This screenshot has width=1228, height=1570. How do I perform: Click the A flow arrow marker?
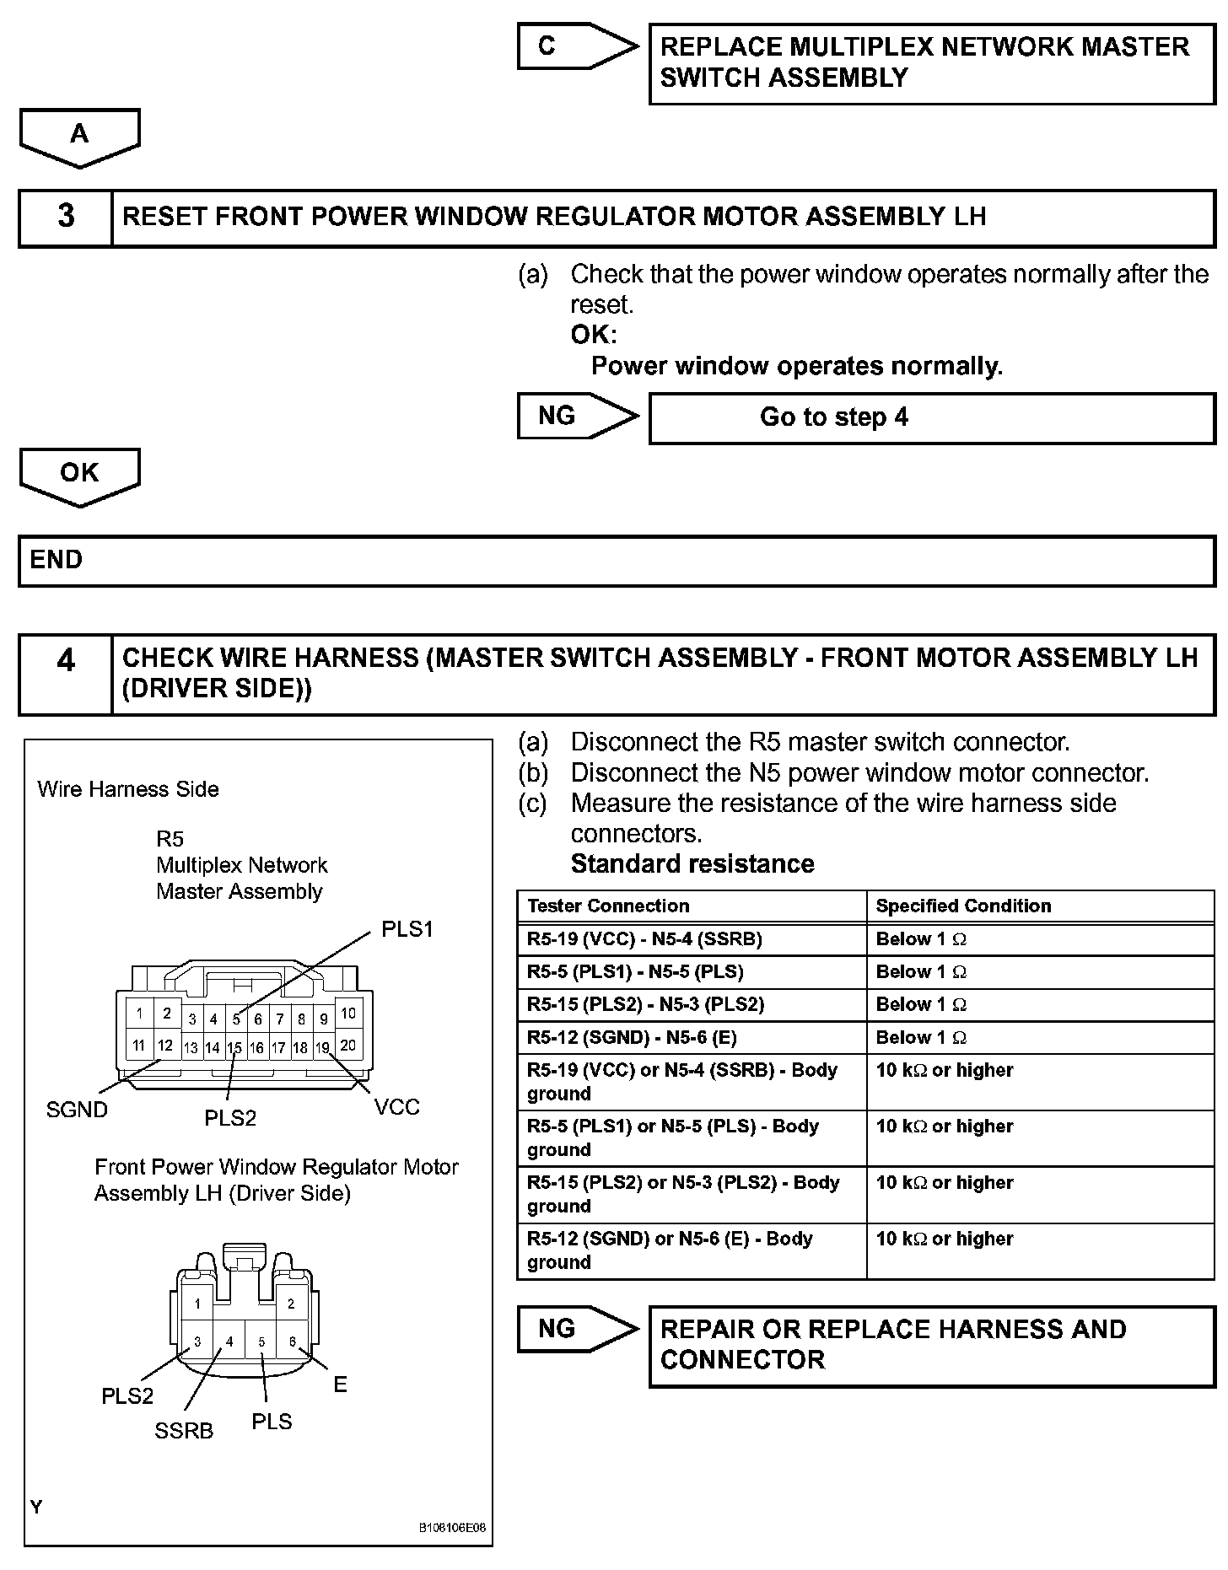tap(79, 134)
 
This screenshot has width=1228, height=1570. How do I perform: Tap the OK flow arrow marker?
tap(79, 473)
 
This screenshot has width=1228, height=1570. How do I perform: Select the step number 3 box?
tap(66, 217)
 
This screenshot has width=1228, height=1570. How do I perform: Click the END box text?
tap(57, 560)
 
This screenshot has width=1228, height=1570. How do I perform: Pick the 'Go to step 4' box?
tap(833, 417)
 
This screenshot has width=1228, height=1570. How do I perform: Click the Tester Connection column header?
tap(608, 906)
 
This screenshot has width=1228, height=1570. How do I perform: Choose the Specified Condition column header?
tap(963, 906)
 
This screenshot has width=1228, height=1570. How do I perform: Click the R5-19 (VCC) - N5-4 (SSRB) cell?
tap(644, 939)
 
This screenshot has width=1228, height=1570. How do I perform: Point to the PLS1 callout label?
tap(407, 929)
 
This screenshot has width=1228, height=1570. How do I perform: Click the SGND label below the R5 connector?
tap(77, 1110)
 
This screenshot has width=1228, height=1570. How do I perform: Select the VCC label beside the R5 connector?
tap(396, 1107)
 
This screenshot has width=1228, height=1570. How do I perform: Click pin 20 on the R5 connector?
tap(347, 1046)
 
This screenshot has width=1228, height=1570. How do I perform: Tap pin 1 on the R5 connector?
tap(140, 1014)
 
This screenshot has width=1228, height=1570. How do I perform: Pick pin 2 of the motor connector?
tap(291, 1304)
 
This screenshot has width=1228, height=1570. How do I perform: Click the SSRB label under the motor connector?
tap(184, 1431)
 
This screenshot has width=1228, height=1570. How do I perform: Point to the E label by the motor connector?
tap(340, 1385)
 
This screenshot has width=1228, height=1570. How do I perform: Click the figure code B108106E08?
tap(452, 1528)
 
